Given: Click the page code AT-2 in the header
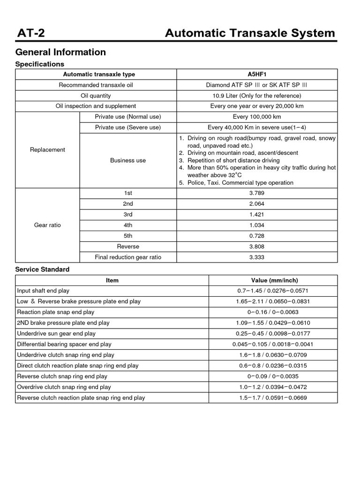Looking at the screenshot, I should (x=30, y=33).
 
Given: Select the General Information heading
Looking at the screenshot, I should (x=60, y=52).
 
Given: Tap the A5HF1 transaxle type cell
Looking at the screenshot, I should (x=256, y=74).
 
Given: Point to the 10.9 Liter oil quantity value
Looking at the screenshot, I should (x=256, y=96).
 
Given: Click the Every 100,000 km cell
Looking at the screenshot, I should (x=256, y=117).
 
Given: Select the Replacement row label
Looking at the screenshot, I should (x=47, y=150).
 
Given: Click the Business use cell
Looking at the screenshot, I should (x=127, y=160).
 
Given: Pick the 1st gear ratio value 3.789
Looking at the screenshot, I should (x=256, y=193).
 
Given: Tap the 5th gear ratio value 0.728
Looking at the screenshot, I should (x=256, y=236).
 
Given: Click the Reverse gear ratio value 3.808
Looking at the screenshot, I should (x=256, y=246).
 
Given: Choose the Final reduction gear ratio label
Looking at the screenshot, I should (x=127, y=257).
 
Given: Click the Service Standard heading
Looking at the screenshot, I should (x=42, y=270).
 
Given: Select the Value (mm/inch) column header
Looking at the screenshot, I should (x=274, y=280).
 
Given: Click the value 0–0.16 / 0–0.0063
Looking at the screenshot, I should (x=274, y=312).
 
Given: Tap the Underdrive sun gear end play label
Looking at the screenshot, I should (x=56, y=333).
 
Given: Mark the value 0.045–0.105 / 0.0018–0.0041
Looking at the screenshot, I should (x=274, y=344).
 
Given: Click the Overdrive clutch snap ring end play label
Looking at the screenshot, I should (x=64, y=387).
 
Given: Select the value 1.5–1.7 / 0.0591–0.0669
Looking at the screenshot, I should (x=274, y=397).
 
